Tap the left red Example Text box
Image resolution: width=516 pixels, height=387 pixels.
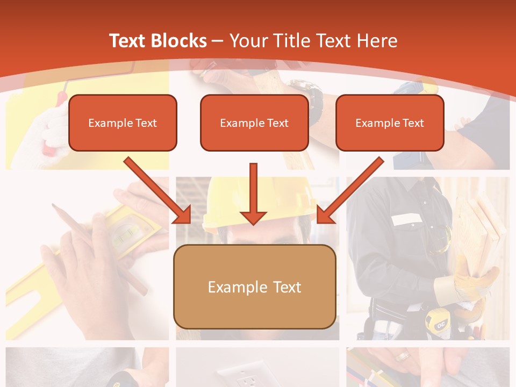point(123,123)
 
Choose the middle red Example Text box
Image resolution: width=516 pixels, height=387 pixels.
point(254,123)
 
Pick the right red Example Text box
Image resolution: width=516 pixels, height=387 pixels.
point(390,123)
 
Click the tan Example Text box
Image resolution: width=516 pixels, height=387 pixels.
point(254,286)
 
